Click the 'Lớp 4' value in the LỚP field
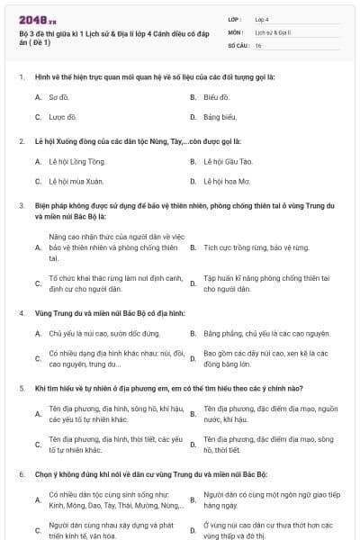[262, 18]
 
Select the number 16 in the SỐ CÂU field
[258, 45]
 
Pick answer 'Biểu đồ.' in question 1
[216, 96]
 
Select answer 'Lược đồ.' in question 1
[62, 117]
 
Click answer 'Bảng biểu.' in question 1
[220, 117]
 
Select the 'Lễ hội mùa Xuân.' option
[76, 182]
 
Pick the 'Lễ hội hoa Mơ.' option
[225, 182]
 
